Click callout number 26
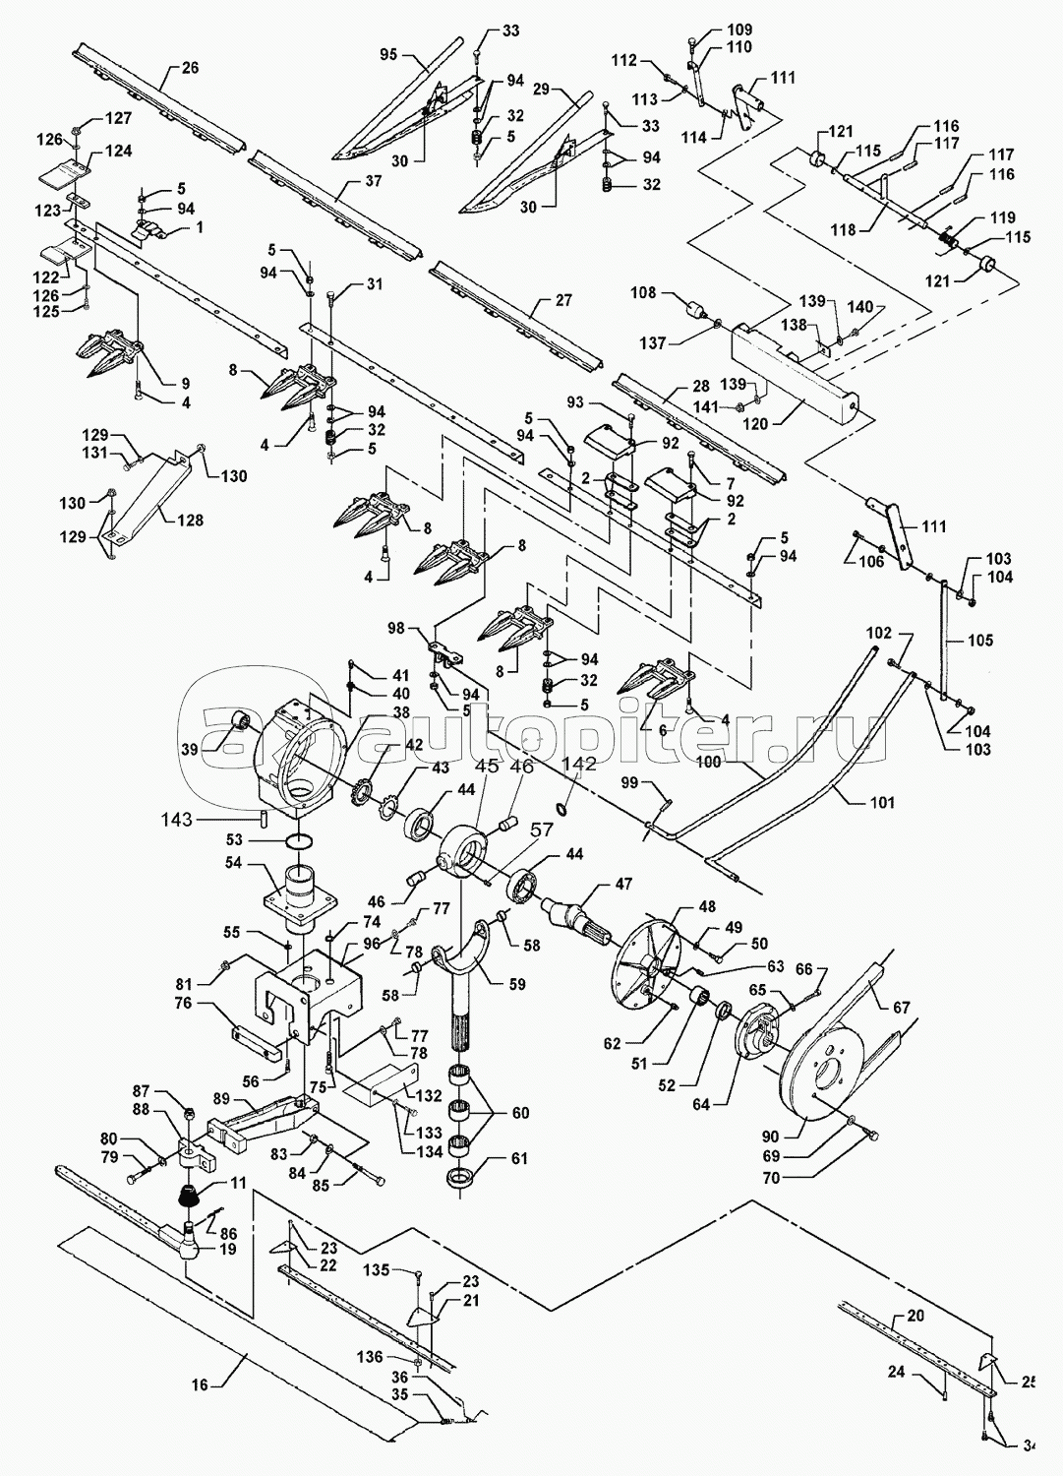pyautogui.click(x=190, y=68)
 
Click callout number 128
pyautogui.click(x=190, y=520)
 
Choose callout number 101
pyautogui.click(x=882, y=802)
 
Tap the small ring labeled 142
pyautogui.click(x=563, y=808)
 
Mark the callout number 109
pyautogui.click(x=738, y=29)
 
